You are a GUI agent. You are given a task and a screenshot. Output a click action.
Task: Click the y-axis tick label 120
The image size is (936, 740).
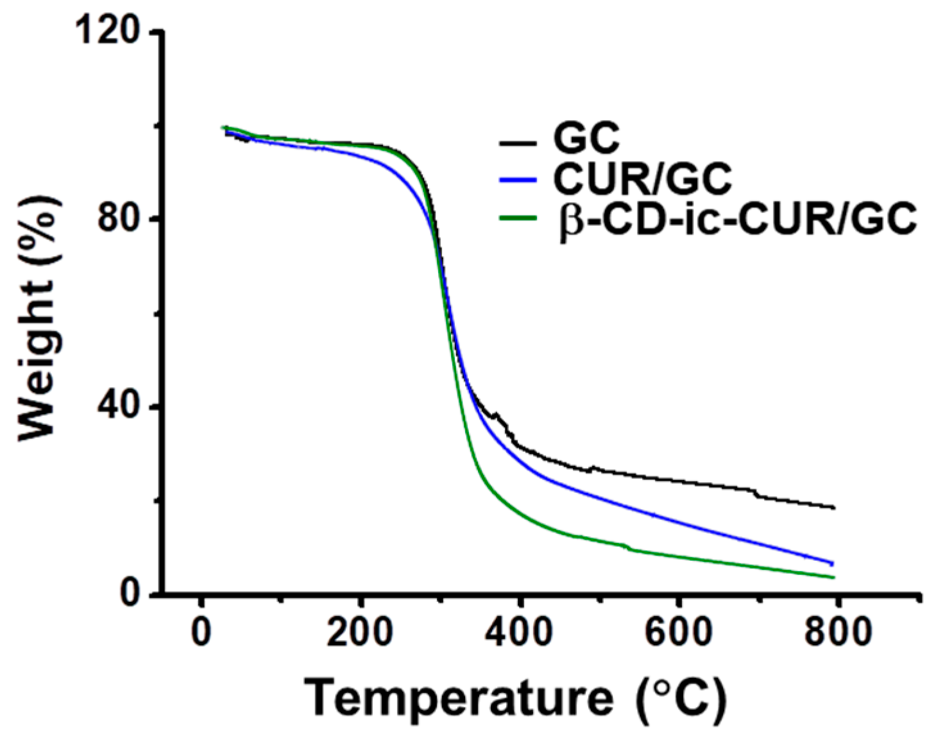(x=107, y=31)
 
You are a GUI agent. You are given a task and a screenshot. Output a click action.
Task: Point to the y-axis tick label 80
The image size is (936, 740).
(x=118, y=219)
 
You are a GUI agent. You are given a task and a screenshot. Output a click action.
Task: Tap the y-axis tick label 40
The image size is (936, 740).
(x=118, y=408)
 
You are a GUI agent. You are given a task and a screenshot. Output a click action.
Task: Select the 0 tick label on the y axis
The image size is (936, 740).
(x=130, y=594)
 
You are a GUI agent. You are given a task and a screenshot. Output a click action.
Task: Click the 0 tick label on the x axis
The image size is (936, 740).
(x=201, y=632)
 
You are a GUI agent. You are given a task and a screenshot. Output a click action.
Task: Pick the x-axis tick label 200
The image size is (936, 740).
(x=360, y=632)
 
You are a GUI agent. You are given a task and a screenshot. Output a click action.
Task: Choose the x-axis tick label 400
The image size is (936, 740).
(x=519, y=632)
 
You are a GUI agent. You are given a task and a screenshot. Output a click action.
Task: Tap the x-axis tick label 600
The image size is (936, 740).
(x=678, y=632)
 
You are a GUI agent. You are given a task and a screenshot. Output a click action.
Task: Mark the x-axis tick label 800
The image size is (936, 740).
(x=837, y=632)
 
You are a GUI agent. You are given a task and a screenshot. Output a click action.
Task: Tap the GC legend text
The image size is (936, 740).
(x=586, y=137)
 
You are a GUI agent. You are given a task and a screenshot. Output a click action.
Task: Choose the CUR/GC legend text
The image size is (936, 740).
(x=642, y=178)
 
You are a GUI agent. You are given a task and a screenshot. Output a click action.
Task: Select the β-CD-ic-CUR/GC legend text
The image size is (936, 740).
(x=738, y=219)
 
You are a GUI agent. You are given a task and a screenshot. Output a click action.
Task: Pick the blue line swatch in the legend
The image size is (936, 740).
(x=517, y=180)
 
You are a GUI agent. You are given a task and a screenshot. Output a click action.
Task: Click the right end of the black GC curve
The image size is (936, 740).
(x=833, y=508)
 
